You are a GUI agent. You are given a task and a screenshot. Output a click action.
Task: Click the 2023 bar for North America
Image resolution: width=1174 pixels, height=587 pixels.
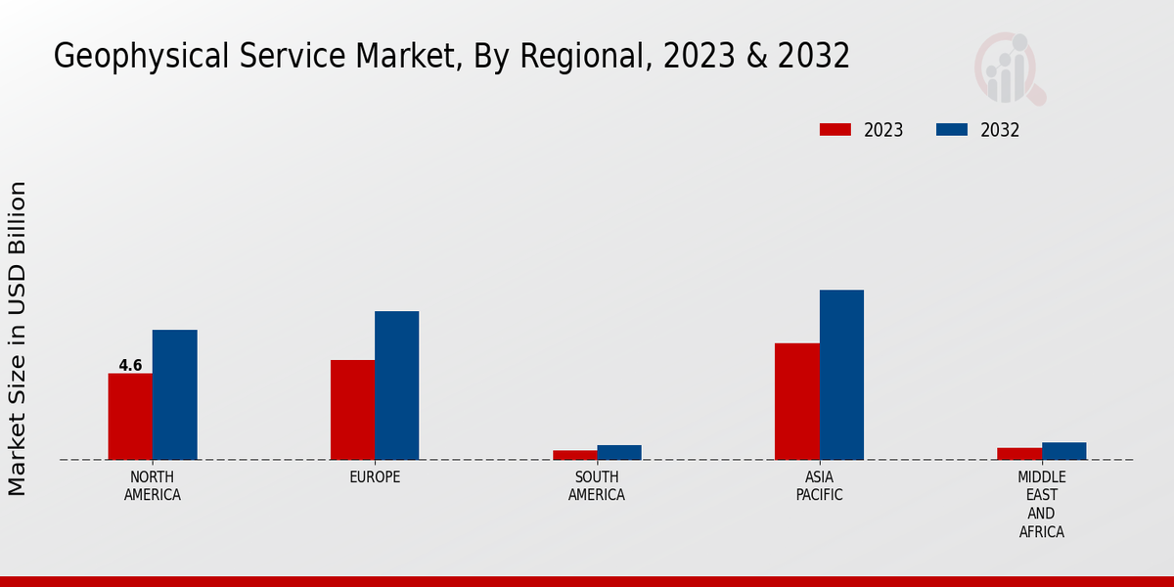pos(130,417)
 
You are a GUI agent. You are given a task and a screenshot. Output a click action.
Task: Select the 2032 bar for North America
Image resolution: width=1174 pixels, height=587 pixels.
pos(174,395)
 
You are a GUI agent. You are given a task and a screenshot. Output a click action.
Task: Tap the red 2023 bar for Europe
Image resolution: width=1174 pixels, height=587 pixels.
pos(352,410)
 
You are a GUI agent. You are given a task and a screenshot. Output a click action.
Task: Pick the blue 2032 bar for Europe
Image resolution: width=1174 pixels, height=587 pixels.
pos(396,385)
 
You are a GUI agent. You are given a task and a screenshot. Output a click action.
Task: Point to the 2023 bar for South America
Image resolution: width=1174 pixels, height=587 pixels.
pos(574,455)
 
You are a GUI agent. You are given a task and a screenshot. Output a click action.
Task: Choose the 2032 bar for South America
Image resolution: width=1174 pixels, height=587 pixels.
pos(619,452)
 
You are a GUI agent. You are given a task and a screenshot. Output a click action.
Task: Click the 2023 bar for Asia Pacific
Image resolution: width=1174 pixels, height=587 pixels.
pos(796,401)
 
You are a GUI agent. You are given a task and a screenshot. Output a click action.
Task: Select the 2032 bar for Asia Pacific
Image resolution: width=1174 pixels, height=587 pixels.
pos(841,375)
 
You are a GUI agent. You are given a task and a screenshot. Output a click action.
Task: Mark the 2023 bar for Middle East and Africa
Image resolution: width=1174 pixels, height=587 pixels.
pos(1019,454)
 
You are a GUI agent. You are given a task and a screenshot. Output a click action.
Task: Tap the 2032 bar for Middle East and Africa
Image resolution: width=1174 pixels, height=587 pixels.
pos(1063,451)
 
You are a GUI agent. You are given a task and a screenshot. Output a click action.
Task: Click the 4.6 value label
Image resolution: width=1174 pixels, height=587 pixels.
pos(130,366)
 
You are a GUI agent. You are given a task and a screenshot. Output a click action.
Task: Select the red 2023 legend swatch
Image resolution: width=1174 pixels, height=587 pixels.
pos(835,130)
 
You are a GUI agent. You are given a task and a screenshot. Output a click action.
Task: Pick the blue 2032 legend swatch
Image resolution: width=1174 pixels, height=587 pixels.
pos(952,130)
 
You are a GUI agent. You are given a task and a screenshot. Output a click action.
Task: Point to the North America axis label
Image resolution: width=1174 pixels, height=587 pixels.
pos(153,486)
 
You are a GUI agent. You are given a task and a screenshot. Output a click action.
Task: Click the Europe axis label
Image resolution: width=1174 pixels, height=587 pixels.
pos(375,477)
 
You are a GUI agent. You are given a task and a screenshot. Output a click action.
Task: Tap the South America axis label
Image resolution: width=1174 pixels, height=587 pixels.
pos(597,486)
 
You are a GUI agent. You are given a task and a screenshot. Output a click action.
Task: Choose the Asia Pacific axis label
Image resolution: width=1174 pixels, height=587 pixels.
pos(819,486)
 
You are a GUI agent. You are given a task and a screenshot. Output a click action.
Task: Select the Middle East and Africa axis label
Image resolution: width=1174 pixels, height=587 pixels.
pos(1041,505)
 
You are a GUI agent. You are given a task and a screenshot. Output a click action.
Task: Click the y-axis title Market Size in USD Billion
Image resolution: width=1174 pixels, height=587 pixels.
pos(19,339)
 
